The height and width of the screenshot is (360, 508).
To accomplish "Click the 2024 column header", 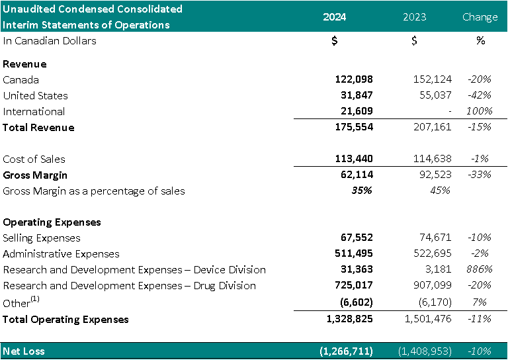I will pyautogui.click(x=334, y=17).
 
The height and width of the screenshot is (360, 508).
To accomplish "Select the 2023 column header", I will pyautogui.click(x=414, y=17).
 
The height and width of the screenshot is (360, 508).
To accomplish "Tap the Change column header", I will pyautogui.click(x=480, y=17).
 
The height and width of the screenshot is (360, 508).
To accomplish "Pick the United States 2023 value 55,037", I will pyautogui.click(x=434, y=95).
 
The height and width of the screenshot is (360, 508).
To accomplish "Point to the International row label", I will pyautogui.click(x=34, y=111).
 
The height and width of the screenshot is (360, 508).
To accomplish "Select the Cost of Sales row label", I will pyautogui.click(x=34, y=159).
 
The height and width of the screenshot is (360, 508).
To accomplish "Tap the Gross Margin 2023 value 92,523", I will pyautogui.click(x=434, y=175).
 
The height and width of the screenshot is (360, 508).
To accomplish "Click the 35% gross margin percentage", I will pyautogui.click(x=362, y=191).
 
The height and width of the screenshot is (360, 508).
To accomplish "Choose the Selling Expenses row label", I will pyautogui.click(x=42, y=238).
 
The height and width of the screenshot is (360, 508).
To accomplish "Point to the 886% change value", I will pyautogui.click(x=480, y=269).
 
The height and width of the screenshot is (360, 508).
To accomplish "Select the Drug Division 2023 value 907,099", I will pyautogui.click(x=430, y=285).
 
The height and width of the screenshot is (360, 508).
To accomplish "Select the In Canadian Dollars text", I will pyautogui.click(x=50, y=40).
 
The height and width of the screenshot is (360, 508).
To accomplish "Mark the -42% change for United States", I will pyautogui.click(x=480, y=95).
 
